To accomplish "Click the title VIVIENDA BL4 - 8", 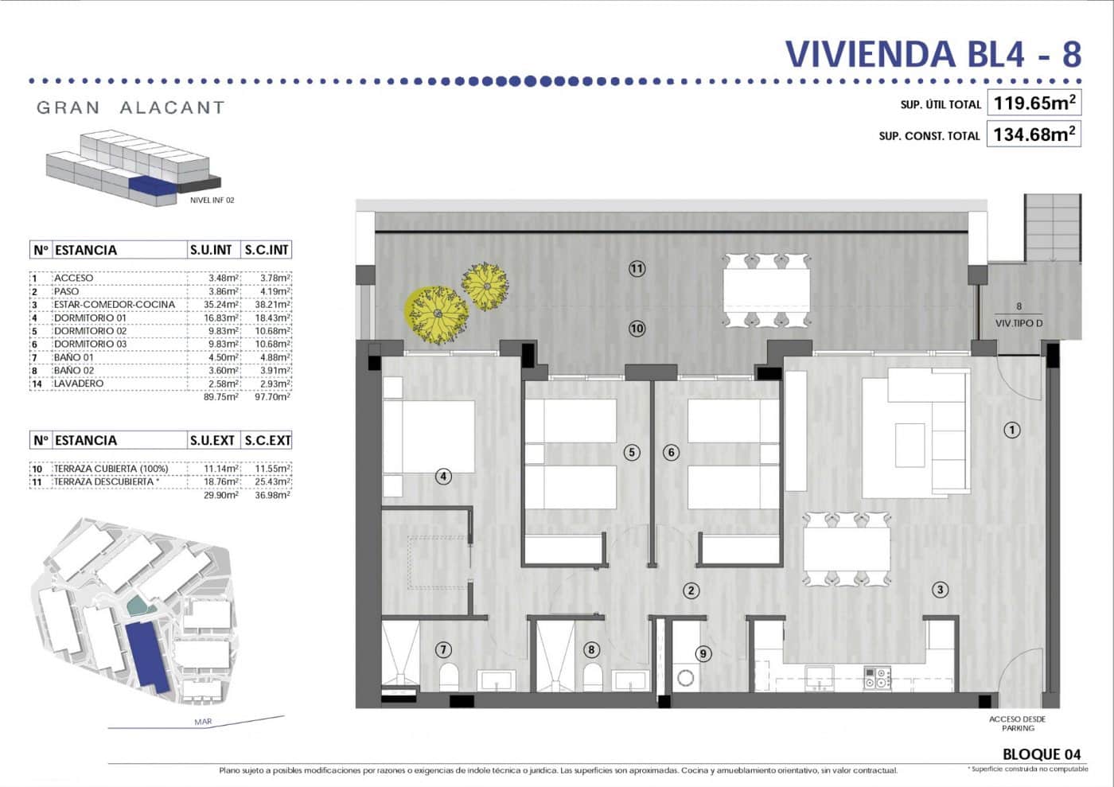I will (933, 54).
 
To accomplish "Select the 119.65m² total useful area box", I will (1034, 103).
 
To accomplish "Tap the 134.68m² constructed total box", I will (1034, 134).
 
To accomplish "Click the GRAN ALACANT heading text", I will (130, 107).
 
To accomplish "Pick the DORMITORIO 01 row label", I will (90, 318).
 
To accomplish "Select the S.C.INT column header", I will (267, 250).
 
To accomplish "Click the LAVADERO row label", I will (79, 384).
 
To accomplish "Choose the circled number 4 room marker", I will (443, 477).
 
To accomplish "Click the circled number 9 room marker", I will (703, 653).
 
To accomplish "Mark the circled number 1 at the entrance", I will (1012, 430).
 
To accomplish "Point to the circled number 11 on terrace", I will (637, 268).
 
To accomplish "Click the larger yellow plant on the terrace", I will (437, 312).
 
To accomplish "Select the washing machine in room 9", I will (685, 678).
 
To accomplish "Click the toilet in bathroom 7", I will (448, 678).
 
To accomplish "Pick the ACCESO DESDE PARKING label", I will (1018, 723).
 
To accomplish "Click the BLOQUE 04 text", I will (1042, 754).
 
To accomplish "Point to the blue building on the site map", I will (147, 656).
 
